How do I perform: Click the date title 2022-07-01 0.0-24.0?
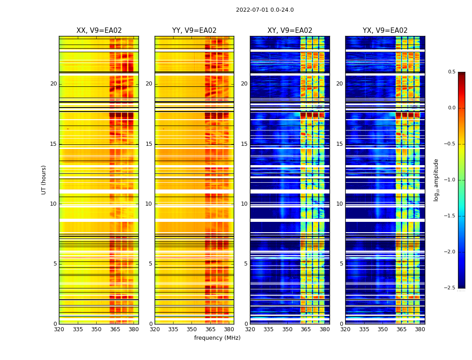coord(265,10)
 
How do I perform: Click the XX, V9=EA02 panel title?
coord(99,31)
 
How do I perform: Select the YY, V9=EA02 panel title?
coord(194,31)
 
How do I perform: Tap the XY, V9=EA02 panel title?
coord(289,31)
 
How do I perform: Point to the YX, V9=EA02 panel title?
coord(385,31)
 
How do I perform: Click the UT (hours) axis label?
coord(44,180)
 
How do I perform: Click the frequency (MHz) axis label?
coord(217,338)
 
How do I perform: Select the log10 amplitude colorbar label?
coord(436,180)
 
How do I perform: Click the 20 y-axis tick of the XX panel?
coord(53,84)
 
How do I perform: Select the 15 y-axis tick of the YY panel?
coord(149,144)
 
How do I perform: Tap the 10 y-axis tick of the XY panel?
coord(244,204)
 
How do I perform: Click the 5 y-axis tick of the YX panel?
coord(341,264)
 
